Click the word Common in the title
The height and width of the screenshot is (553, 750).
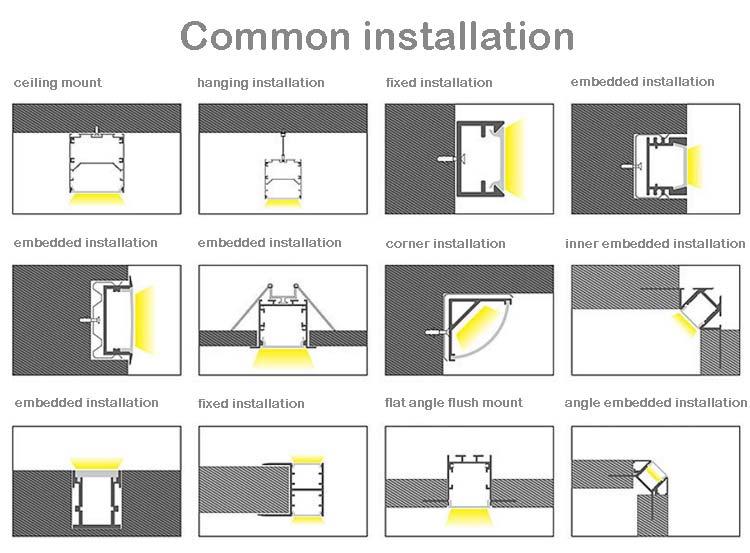point(266,36)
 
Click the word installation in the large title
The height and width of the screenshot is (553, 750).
point(468,36)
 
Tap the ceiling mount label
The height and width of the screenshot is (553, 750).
point(57,82)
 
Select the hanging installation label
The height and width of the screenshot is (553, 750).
point(260,82)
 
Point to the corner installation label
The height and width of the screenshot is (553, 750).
point(445,243)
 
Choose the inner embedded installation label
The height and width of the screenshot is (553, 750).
point(655,243)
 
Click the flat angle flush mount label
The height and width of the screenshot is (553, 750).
point(454,402)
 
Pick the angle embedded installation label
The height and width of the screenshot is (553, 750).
point(655,402)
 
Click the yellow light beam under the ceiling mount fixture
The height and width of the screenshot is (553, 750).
point(96,198)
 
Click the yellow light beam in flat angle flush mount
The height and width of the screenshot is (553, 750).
point(468,518)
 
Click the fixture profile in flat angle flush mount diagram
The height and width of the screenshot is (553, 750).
point(468,480)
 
